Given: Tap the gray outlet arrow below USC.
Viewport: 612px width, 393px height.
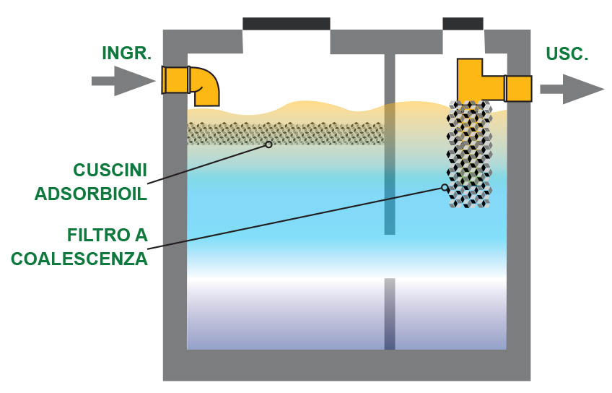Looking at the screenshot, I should (571, 89).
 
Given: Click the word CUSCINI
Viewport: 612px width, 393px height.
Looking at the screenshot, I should (110, 170).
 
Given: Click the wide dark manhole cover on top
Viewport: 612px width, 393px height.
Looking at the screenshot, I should (286, 24).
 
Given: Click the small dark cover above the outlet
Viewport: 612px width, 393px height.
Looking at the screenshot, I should (463, 23).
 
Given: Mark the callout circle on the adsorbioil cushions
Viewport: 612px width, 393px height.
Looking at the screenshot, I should (268, 144).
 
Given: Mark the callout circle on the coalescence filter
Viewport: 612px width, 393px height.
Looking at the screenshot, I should (445, 188).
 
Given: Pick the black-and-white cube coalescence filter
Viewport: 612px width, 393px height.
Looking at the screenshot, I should (470, 155).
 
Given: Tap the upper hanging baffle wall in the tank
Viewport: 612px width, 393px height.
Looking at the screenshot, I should (390, 144).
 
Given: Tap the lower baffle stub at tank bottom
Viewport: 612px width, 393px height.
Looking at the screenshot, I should (390, 314).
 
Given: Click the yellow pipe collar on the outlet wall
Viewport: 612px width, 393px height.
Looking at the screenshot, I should (518, 88).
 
